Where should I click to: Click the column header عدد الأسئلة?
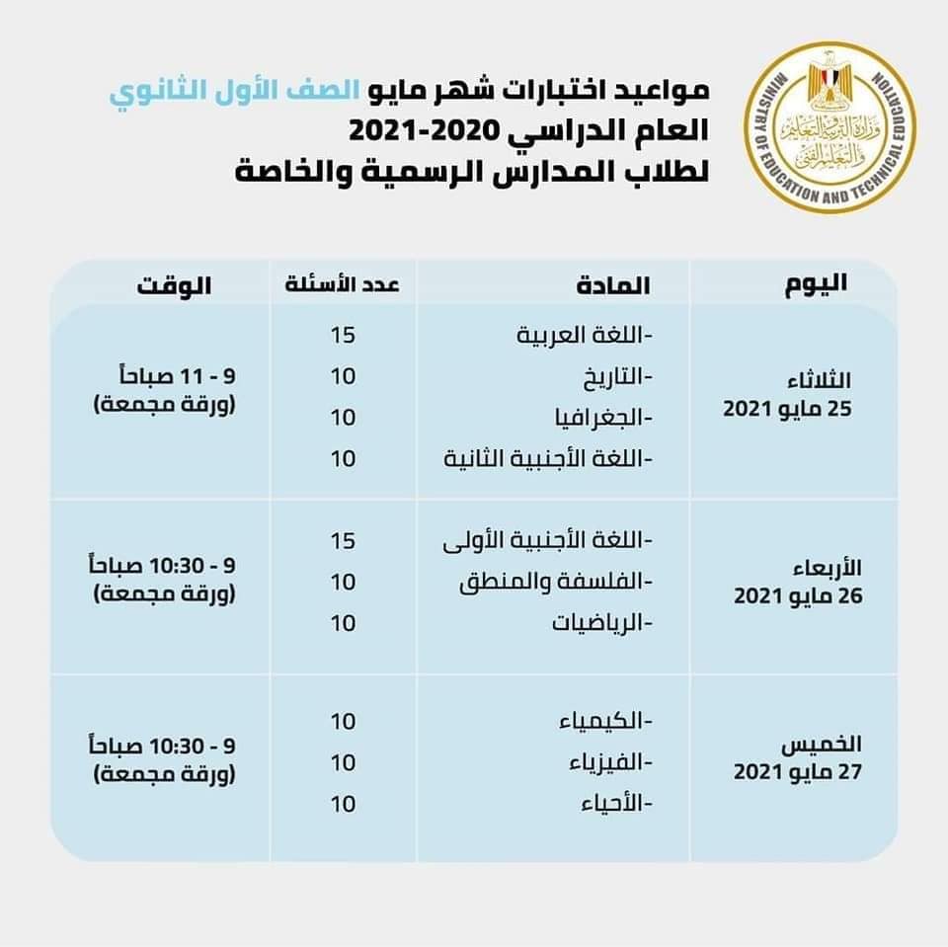point(343,284)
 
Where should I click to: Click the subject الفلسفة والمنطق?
point(558,582)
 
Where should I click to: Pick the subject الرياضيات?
point(598,623)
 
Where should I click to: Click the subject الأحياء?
point(613,803)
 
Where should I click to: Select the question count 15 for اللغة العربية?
point(343,336)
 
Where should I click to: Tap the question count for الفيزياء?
point(343,762)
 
